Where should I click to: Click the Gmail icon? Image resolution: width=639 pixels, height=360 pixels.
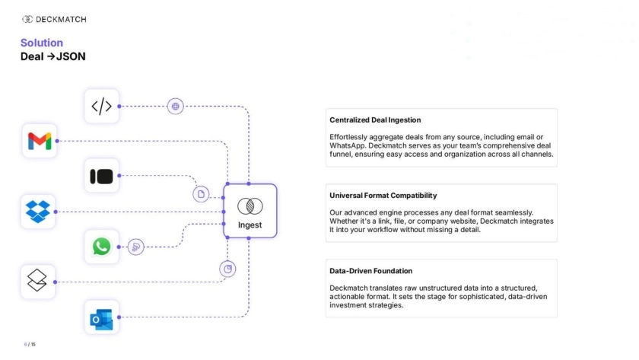[x=40, y=141]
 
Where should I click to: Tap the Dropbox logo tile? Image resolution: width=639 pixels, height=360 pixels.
[x=38, y=212]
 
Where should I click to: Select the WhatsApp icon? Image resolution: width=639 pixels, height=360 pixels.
[x=101, y=247]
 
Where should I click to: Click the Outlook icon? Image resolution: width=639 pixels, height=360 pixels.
[x=101, y=317]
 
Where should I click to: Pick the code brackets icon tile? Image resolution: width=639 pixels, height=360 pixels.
[x=101, y=106]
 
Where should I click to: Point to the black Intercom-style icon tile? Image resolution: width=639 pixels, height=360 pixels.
[x=101, y=177]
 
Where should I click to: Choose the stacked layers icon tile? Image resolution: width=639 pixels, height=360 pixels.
[x=38, y=282]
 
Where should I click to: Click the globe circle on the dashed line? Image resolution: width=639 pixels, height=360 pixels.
[x=176, y=106]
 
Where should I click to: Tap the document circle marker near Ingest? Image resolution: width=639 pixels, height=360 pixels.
[x=201, y=194]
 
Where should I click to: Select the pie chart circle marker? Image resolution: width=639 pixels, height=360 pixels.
[x=227, y=269]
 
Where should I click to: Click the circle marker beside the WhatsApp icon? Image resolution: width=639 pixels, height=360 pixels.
[x=136, y=247]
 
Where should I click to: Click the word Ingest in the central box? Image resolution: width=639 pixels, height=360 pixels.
[x=250, y=225]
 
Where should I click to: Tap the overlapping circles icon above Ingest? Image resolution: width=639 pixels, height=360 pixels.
[x=250, y=206]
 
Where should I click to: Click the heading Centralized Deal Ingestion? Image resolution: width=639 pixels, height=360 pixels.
[x=375, y=120]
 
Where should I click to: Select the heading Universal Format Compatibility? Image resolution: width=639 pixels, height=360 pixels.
[x=383, y=196]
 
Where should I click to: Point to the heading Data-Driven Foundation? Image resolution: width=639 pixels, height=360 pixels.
[x=371, y=271]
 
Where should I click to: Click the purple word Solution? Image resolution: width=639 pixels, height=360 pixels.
[x=42, y=43]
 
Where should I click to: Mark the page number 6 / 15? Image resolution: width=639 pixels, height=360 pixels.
[x=30, y=344]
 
